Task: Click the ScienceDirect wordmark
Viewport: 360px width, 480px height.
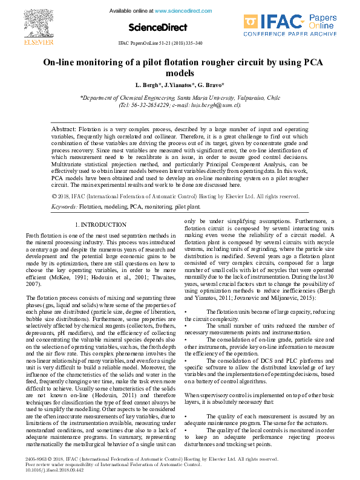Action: point(158,28)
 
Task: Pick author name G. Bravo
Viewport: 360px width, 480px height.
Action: point(212,85)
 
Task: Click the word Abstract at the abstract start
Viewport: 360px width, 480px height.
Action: point(64,129)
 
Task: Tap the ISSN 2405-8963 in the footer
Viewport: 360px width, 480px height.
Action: point(37,459)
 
